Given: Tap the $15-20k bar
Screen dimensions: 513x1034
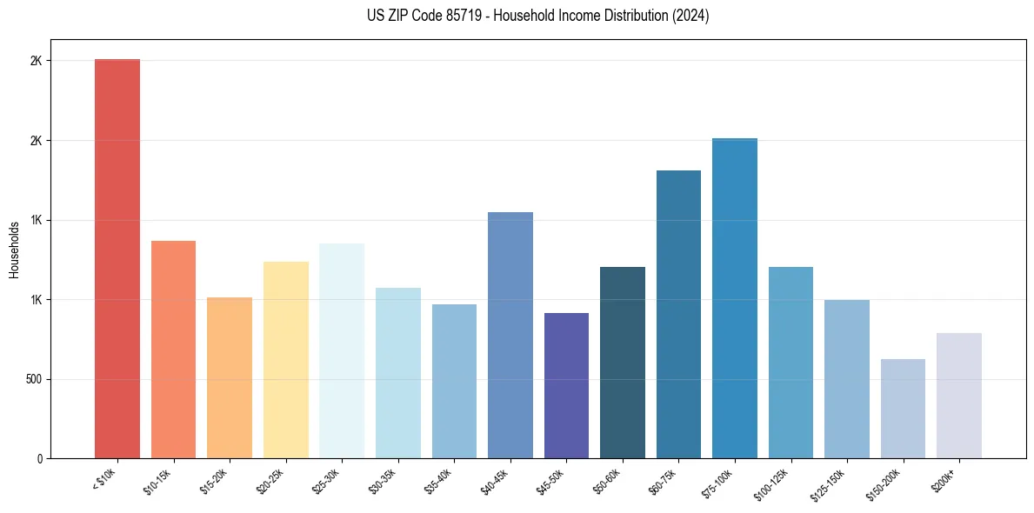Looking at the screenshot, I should pyautogui.click(x=230, y=377).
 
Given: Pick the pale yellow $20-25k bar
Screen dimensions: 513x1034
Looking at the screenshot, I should pyautogui.click(x=285, y=360).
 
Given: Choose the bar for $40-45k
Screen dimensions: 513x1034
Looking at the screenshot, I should pyautogui.click(x=510, y=335).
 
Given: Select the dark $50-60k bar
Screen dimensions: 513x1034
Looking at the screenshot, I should pyautogui.click(x=623, y=363).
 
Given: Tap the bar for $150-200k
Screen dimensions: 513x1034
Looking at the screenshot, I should pyautogui.click(x=903, y=409).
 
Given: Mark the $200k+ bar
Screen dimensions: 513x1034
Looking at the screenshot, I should pyautogui.click(x=959, y=396).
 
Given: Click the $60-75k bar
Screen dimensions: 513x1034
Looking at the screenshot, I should pyautogui.click(x=678, y=314).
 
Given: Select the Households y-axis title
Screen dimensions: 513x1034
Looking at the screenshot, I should pyautogui.click(x=14, y=250).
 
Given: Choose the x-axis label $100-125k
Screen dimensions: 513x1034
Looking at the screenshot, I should pyautogui.click(x=775, y=483).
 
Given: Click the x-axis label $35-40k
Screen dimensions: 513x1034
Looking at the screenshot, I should pyautogui.click(x=440, y=481).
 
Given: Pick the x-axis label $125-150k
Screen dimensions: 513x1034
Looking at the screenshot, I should pyautogui.click(x=831, y=483).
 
